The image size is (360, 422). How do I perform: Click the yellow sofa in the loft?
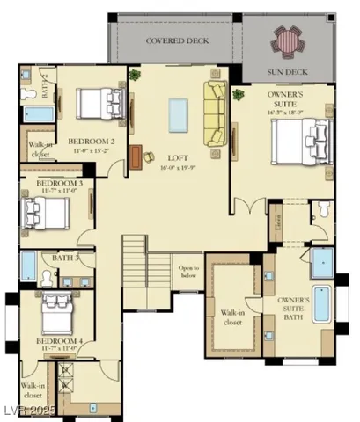coord(216,113)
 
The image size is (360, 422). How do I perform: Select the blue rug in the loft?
coord(179,114)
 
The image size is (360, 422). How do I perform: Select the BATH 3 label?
coord(65,258)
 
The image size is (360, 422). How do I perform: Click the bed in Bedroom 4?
coord(58,307)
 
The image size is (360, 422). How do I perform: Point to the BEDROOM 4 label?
coord(59,341)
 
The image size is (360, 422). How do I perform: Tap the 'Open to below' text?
coord(188,271)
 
